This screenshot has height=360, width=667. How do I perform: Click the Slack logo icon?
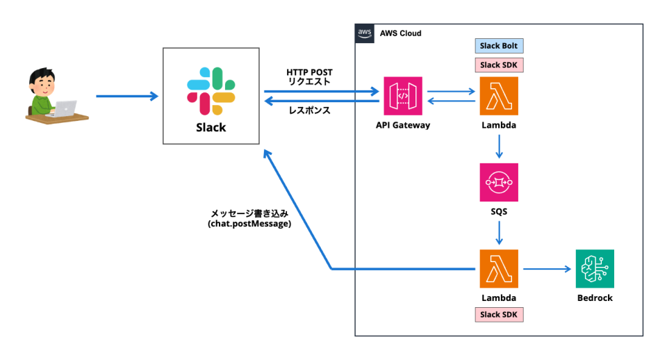[x=210, y=91]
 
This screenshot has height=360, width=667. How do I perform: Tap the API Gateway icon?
[x=402, y=95]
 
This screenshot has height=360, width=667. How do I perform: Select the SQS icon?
[x=499, y=183]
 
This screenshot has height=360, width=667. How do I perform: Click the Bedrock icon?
[x=595, y=269]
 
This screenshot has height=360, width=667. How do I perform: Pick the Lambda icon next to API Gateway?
[x=499, y=95]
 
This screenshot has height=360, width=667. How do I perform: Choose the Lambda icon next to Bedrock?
[x=499, y=269]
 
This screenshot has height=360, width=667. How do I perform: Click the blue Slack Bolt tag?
[x=499, y=46]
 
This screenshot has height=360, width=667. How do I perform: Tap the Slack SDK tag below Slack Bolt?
[x=499, y=65]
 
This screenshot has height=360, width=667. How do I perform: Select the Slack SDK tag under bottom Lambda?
[x=499, y=315]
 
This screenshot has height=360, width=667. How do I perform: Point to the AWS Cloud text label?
[x=400, y=33]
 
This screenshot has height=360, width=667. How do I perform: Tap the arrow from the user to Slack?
[x=126, y=96]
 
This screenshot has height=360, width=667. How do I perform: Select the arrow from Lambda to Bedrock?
[x=547, y=269]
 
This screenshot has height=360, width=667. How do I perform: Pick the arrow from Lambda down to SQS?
[x=499, y=145]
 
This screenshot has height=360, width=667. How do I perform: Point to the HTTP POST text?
[x=308, y=72]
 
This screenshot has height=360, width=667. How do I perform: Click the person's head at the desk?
[x=42, y=83]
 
